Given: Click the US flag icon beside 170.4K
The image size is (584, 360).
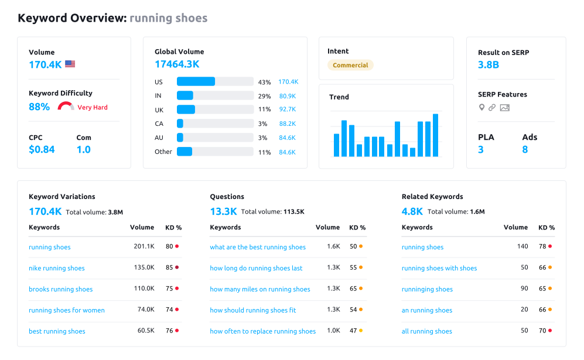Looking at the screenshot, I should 70,64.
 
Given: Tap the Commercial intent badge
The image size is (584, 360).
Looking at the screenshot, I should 350,66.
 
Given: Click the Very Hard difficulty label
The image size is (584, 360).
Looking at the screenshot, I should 93,108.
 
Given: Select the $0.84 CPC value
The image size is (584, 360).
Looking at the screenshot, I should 42,150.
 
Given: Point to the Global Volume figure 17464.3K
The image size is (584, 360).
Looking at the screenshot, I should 177,64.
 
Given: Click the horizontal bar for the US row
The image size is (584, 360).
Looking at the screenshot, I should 196,81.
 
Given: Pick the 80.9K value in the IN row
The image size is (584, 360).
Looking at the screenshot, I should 287,95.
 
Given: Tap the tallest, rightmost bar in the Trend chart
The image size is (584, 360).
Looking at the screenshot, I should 435,135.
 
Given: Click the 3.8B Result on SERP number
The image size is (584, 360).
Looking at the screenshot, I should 489,65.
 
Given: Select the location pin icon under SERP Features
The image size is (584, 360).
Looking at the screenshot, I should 481,108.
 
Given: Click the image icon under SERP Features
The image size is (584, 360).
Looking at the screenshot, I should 505,108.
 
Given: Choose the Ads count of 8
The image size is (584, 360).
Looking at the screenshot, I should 525,150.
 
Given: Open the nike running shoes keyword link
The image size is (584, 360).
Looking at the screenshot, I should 57,268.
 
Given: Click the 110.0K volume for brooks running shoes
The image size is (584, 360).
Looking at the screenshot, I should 144,289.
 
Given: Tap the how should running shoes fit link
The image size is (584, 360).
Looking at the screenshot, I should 253,310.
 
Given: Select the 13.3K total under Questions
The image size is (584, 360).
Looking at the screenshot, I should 223,211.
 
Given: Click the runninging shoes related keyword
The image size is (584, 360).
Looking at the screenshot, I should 427,289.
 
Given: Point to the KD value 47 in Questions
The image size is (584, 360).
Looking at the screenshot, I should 353,331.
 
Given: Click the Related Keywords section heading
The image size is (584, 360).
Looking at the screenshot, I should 432,197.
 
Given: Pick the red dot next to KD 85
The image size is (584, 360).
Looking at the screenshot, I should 177,268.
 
